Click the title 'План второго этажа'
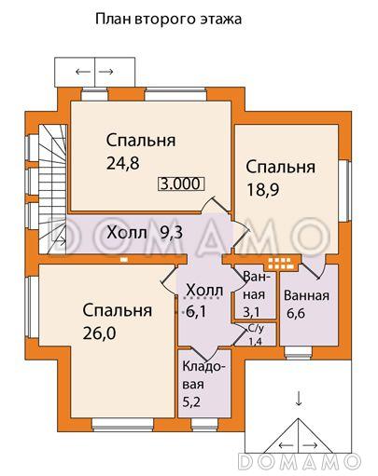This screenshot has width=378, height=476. (168, 18)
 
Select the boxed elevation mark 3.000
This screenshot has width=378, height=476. (180, 184)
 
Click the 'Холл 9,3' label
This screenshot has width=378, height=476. (144, 233)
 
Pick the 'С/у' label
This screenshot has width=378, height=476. (254, 331)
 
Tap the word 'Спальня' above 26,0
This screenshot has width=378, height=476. (117, 309)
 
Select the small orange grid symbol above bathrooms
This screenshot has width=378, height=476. (278, 262)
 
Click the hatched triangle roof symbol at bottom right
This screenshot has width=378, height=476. (299, 432)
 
